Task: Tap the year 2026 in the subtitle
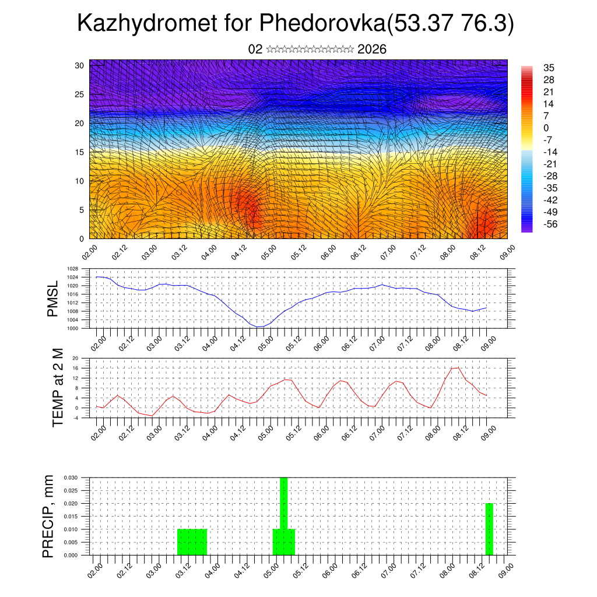[372, 50]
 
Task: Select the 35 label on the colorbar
[549, 68]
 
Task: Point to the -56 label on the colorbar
[550, 223]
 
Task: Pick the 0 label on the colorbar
[546, 128]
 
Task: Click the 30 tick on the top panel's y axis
[79, 65]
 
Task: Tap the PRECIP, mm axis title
[48, 516]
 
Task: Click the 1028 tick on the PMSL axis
[72, 269]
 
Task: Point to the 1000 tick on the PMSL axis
[72, 328]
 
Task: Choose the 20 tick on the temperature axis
[76, 358]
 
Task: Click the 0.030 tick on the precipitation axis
[70, 477]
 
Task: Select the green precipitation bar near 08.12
[489, 529]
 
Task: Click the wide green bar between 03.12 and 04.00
[192, 542]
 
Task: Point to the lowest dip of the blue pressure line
[259, 327]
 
